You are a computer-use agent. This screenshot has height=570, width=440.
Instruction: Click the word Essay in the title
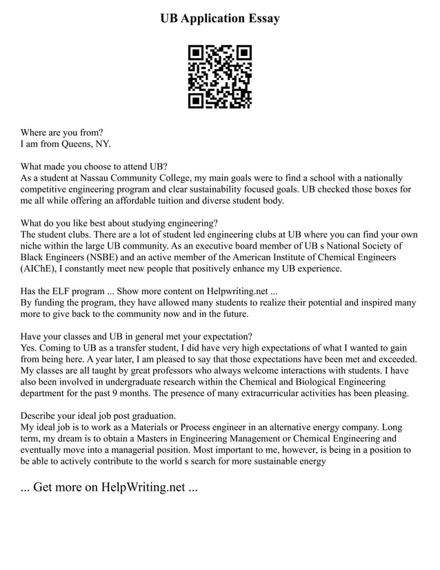click(261, 19)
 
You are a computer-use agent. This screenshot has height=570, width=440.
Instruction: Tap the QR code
click(220, 77)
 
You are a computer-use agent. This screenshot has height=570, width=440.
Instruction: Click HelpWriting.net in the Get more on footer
click(143, 487)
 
